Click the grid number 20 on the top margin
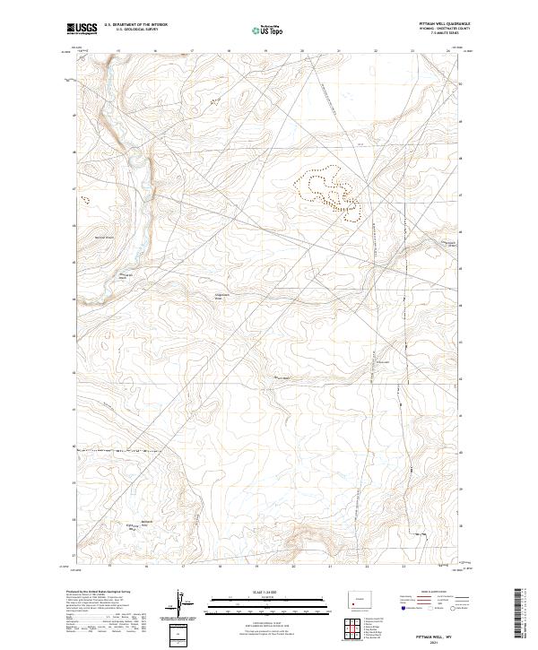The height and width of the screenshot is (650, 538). point(302,51)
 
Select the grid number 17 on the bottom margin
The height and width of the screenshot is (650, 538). point(182,567)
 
